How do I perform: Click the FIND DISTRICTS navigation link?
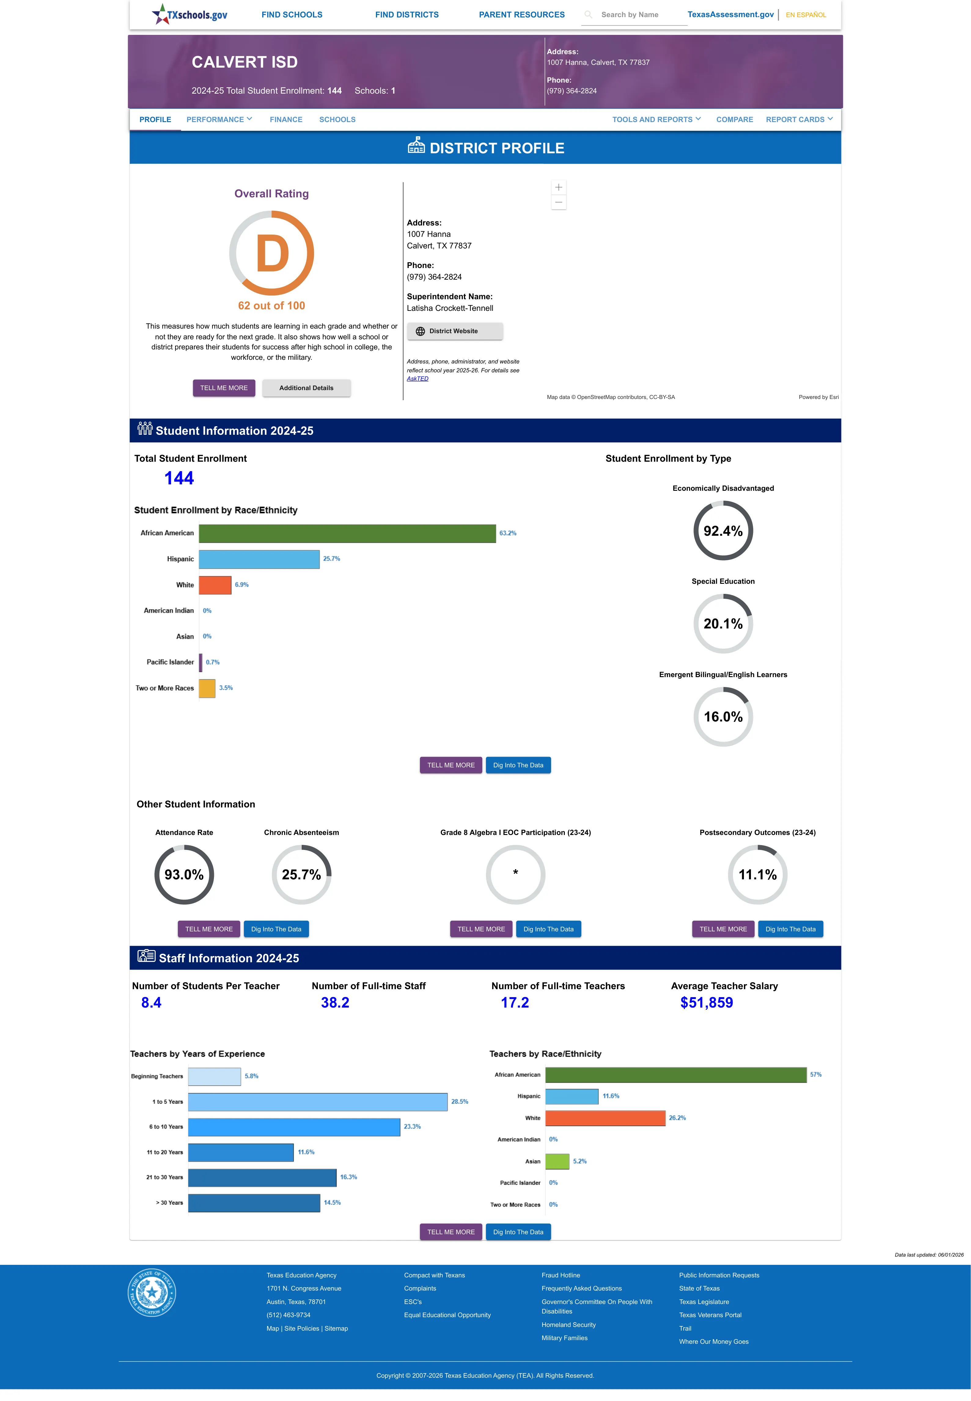click(406, 15)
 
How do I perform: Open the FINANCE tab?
click(286, 119)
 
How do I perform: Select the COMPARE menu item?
click(734, 119)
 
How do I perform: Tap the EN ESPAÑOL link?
click(806, 15)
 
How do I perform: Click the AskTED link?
click(417, 379)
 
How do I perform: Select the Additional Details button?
click(306, 388)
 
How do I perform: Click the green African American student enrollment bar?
click(348, 533)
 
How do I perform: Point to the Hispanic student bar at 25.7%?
click(259, 559)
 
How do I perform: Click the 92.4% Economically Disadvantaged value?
click(723, 531)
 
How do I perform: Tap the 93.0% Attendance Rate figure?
click(184, 875)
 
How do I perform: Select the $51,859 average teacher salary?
click(706, 1003)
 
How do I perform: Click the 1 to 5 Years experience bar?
click(318, 1102)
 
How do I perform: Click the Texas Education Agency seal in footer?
click(152, 1292)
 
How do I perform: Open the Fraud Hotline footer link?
click(560, 1275)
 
